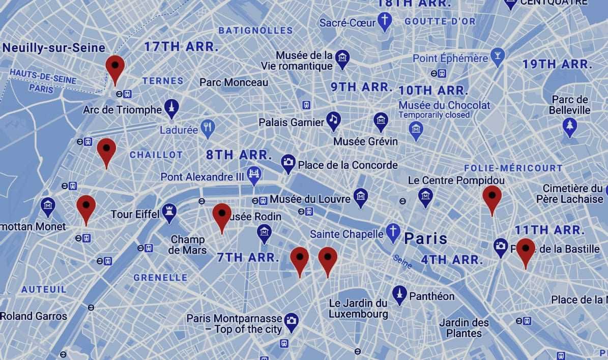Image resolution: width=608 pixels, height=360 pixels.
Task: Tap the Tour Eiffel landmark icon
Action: point(169,214)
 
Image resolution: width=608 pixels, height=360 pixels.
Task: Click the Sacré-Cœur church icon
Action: point(385,21)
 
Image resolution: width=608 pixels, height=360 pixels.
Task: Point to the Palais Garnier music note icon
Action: point(333,121)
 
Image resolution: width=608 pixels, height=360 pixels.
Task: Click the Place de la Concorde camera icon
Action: point(288,163)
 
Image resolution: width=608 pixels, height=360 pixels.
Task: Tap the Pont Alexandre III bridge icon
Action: point(253,175)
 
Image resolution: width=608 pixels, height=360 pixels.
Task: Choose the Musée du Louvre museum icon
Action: point(360,197)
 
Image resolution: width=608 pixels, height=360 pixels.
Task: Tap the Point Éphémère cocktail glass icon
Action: point(497,56)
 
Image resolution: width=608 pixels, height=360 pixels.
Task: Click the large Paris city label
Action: point(425,238)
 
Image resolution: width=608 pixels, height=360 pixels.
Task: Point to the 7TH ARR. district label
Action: point(248,257)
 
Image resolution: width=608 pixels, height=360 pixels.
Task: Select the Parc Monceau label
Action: point(234,82)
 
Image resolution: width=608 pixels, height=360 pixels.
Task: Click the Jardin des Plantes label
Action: point(464,328)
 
